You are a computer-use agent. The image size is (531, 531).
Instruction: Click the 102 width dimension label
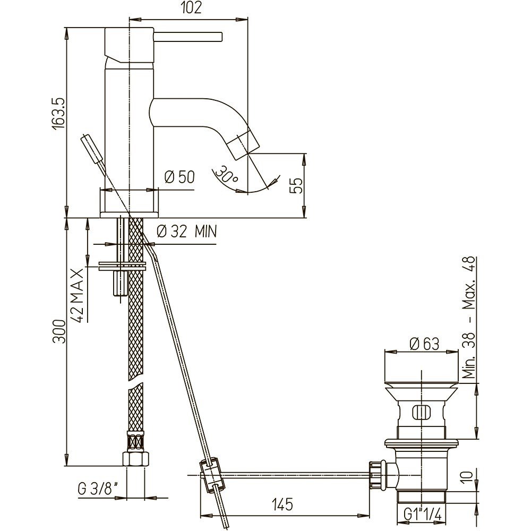point(191,8)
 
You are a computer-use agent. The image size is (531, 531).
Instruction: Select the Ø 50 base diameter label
point(179,177)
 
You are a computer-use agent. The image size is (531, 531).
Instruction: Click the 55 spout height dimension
point(296,185)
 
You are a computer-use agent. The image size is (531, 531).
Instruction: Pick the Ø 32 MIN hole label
point(187,232)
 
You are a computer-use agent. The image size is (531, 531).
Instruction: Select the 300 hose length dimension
point(58,331)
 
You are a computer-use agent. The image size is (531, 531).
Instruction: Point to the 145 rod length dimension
point(282,504)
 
